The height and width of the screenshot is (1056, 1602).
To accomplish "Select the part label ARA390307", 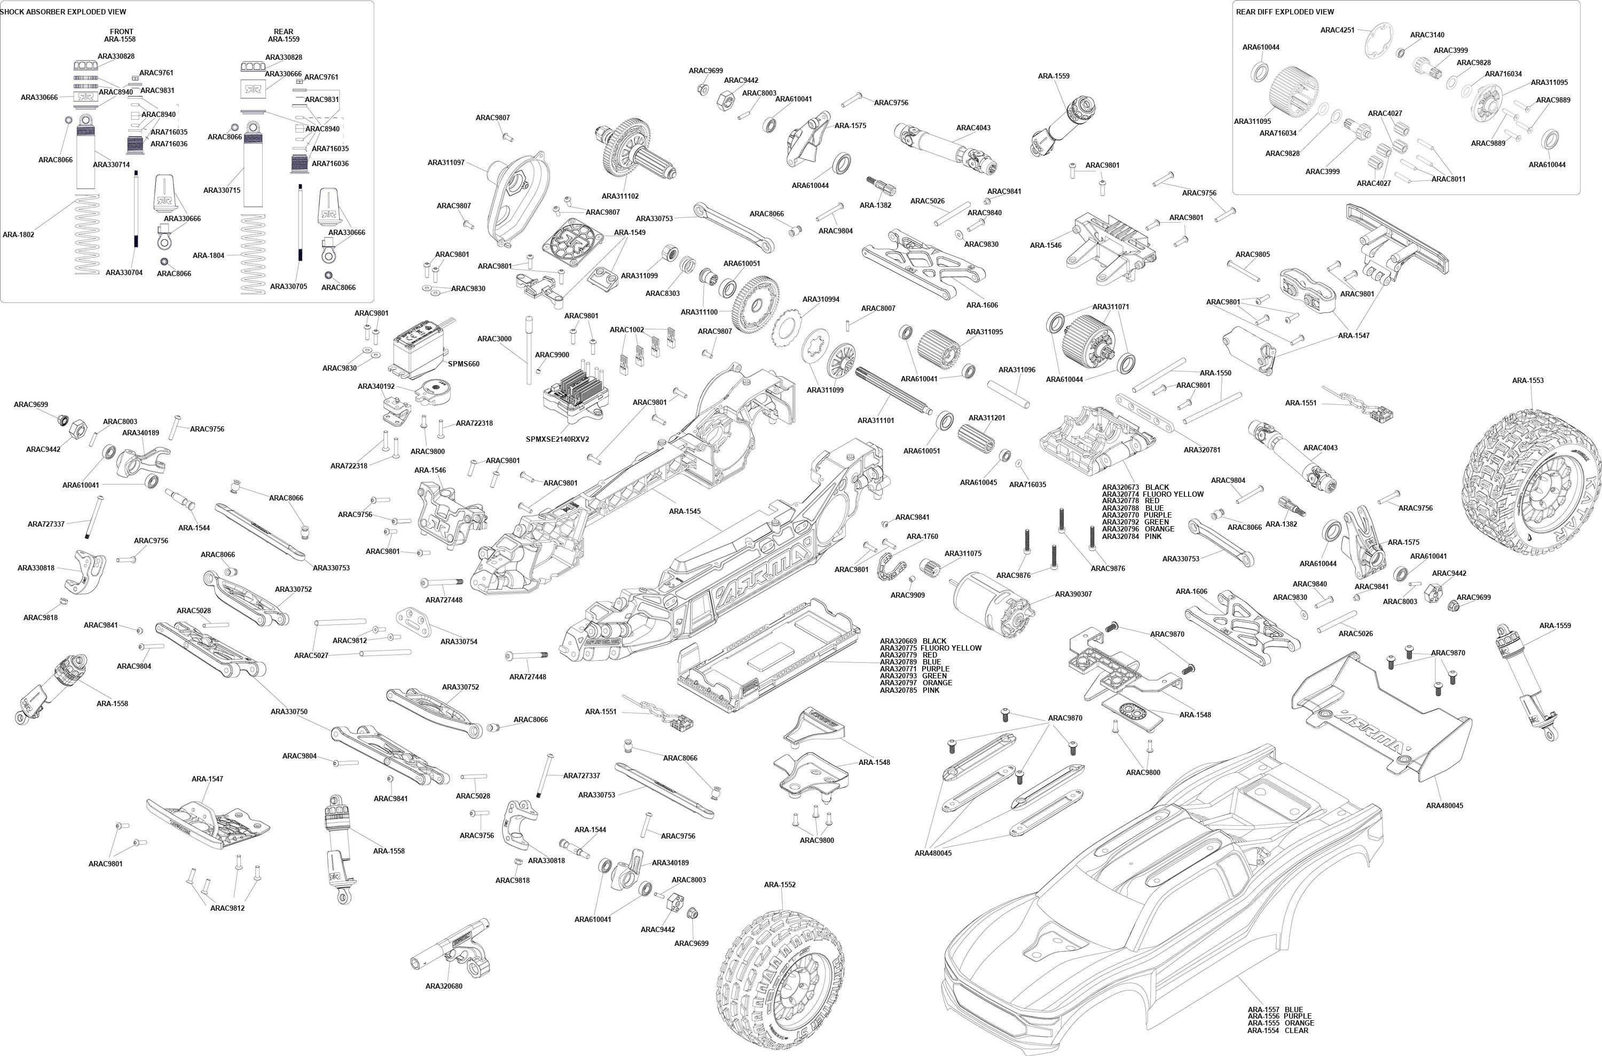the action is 1074,594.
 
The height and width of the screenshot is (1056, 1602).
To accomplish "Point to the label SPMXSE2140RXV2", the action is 557,439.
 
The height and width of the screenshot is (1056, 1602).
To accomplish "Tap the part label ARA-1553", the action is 1528,380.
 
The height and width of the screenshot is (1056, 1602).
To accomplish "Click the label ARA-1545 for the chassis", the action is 685,511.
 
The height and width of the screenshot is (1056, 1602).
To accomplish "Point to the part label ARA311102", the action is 620,196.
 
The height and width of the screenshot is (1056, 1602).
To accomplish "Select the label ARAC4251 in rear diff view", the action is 1337,29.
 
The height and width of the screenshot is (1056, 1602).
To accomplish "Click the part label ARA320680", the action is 444,986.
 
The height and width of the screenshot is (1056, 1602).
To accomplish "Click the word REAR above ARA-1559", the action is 284,32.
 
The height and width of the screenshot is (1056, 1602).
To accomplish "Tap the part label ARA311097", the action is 445,162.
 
